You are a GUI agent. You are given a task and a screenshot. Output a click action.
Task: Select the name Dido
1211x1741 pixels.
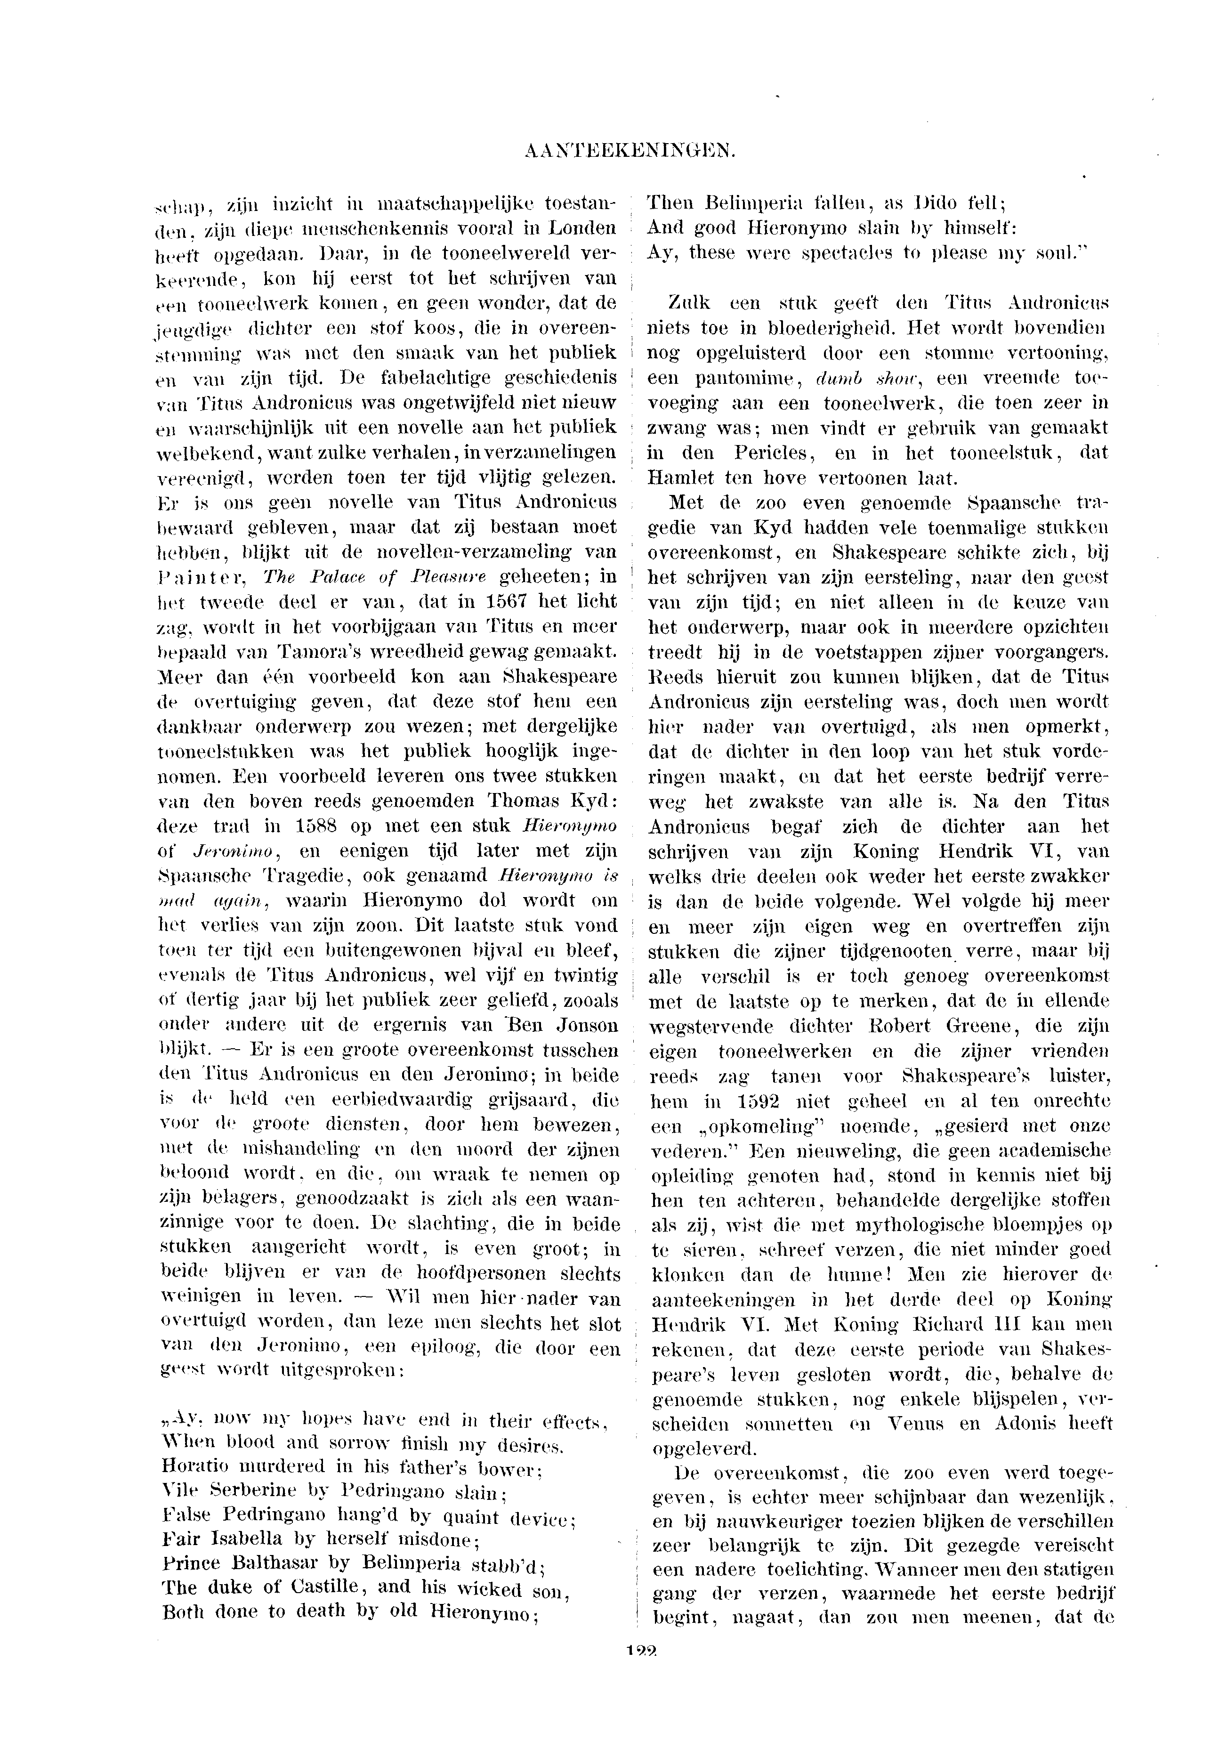(939, 203)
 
